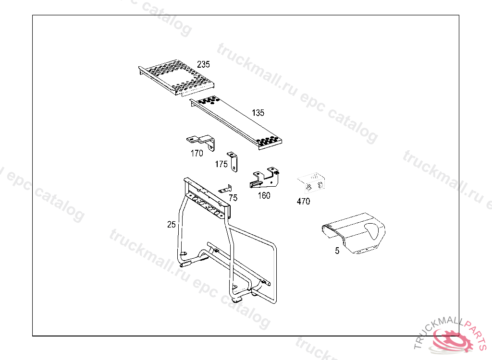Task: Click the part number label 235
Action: point(203,64)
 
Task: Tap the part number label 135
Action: point(258,113)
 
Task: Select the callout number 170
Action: point(197,154)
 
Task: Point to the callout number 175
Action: point(221,164)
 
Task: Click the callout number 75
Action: point(233,197)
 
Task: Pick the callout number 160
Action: point(264,195)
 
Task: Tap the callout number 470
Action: point(303,202)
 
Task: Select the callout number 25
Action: point(172,224)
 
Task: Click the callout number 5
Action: point(337,251)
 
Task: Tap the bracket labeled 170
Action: point(202,141)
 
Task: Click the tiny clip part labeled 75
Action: point(225,190)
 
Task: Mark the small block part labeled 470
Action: point(312,182)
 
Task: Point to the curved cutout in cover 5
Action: point(374,231)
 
